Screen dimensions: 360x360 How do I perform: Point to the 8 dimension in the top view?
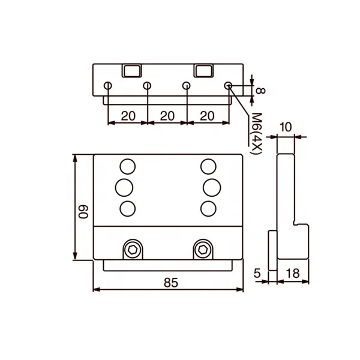(x=260, y=91)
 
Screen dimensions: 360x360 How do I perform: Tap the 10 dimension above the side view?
(x=286, y=127)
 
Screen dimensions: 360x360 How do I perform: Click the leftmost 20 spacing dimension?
(x=127, y=116)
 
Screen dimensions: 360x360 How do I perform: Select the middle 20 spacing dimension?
(x=167, y=116)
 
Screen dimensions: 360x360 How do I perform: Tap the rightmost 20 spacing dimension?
(x=207, y=116)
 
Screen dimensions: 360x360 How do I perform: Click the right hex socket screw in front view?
(x=203, y=248)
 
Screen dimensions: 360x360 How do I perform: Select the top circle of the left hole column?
(x=127, y=166)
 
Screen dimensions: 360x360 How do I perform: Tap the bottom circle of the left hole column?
(x=127, y=208)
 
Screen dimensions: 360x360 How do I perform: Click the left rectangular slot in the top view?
(x=131, y=70)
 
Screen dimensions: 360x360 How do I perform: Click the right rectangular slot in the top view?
(x=203, y=70)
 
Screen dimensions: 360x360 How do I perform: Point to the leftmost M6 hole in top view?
(x=107, y=86)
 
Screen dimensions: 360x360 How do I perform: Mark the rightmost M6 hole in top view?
(x=228, y=86)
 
